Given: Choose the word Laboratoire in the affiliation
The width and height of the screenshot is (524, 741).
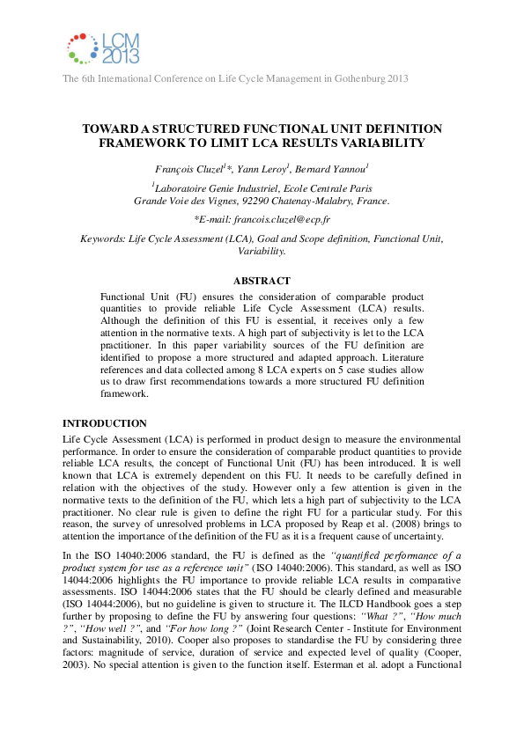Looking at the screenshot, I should (x=185, y=188).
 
